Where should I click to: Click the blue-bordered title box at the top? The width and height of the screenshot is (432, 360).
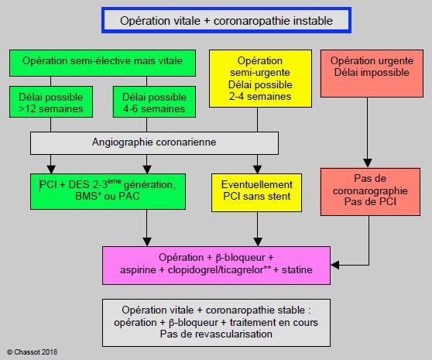[226, 20]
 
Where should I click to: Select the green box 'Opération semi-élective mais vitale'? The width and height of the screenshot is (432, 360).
[102, 63]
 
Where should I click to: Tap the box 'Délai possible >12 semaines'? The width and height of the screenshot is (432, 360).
[51, 102]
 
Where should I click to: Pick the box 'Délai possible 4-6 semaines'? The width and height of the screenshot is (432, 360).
[154, 102]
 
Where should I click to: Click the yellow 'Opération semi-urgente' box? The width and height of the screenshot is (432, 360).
[260, 78]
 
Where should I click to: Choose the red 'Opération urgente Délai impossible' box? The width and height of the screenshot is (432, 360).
[372, 74]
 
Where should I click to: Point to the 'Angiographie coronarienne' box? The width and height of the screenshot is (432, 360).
[154, 143]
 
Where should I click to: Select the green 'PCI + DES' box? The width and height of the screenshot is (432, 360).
[108, 191]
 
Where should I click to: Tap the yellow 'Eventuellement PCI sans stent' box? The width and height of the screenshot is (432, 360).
[256, 193]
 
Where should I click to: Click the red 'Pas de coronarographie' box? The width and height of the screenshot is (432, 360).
[370, 192]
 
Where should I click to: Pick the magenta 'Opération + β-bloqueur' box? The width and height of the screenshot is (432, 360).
[216, 266]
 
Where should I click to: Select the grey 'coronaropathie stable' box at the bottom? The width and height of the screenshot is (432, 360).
[216, 323]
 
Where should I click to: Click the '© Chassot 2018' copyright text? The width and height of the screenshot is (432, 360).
[33, 352]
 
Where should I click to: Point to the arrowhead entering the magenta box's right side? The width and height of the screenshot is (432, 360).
[335, 265]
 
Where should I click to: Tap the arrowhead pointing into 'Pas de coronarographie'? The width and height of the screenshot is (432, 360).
[368, 163]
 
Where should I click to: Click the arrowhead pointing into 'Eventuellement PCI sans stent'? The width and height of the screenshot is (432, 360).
[257, 169]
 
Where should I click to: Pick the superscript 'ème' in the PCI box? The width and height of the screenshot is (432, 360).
[115, 181]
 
